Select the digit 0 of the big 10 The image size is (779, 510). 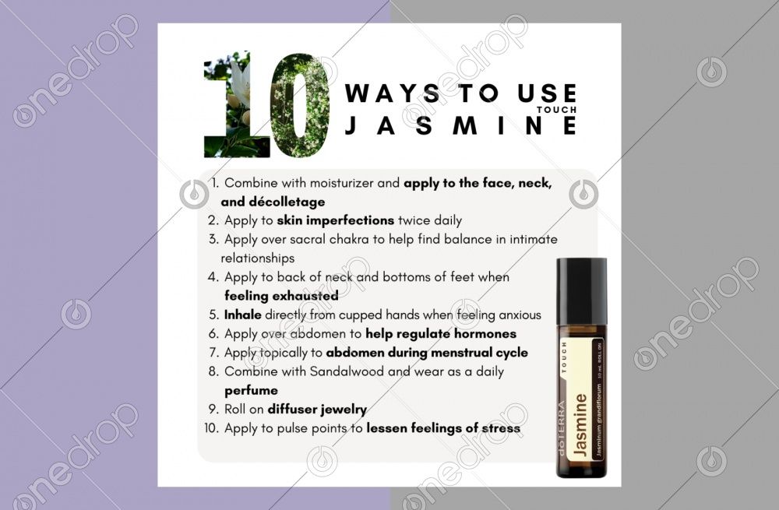pos(300,105)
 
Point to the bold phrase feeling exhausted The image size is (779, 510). pos(281,296)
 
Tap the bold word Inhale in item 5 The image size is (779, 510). pos(243,315)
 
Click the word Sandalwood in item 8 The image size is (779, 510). pos(348,371)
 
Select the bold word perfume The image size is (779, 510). pos(251,390)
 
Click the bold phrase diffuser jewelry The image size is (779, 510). pos(317,409)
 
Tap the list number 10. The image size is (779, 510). pos(212,428)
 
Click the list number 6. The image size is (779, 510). pos(214,334)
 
